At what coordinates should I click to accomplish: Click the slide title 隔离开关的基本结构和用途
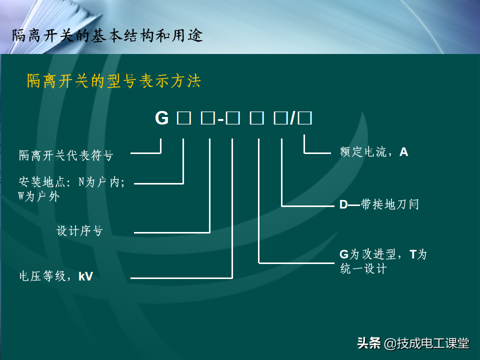click(107, 35)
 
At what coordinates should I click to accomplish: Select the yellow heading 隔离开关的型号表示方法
click(114, 81)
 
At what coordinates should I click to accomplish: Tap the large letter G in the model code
click(161, 118)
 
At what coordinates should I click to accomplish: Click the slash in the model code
click(293, 118)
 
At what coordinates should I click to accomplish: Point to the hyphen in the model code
click(220, 119)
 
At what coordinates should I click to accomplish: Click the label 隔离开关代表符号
click(66, 155)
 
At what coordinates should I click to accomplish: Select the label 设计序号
click(79, 230)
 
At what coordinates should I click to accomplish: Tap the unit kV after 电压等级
click(85, 276)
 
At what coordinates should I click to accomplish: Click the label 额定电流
click(363, 152)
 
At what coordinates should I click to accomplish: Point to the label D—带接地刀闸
click(379, 204)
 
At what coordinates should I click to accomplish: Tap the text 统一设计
click(363, 268)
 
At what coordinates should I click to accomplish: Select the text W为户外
click(39, 196)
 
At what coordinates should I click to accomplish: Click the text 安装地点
click(42, 182)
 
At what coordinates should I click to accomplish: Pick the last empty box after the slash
click(305, 118)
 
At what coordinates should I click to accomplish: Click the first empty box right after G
click(184, 118)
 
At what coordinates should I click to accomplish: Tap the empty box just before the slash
click(280, 118)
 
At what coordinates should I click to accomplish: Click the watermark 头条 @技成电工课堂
click(413, 343)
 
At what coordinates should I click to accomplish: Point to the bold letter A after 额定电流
click(404, 152)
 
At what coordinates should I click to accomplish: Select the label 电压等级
click(42, 276)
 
